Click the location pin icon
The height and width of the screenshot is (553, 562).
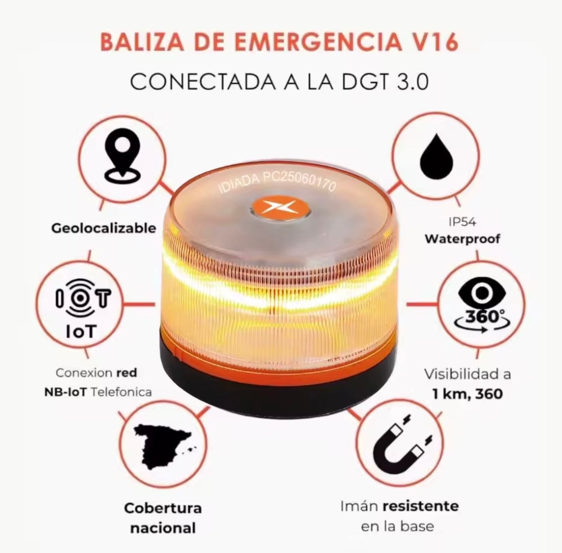(x=122, y=158)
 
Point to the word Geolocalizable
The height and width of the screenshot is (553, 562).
(x=103, y=228)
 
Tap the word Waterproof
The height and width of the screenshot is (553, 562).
(x=462, y=239)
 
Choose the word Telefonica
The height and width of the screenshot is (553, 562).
(x=121, y=392)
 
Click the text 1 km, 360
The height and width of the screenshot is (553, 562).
(x=467, y=394)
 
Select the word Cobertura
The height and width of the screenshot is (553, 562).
(x=163, y=508)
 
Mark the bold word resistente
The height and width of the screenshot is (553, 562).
(x=420, y=506)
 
